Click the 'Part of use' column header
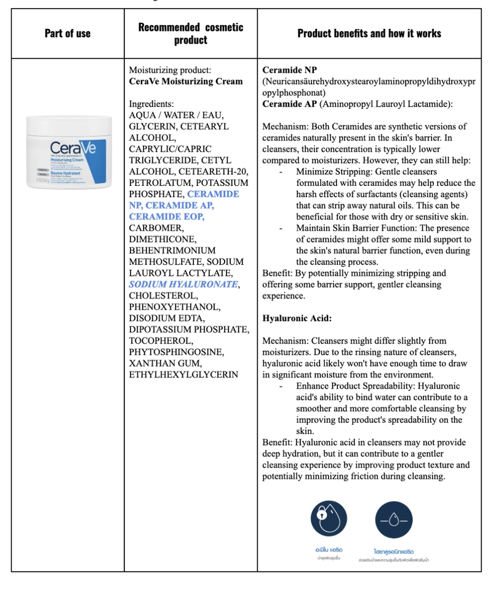click(68, 33)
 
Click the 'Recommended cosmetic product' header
click(190, 33)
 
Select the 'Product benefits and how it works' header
click(369, 33)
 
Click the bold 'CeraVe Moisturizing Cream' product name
click(185, 81)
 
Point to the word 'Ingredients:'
click(151, 104)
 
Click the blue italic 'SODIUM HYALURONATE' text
click(183, 284)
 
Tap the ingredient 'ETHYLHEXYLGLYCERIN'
click(183, 374)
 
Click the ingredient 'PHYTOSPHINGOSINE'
click(177, 352)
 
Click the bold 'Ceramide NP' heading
click(289, 70)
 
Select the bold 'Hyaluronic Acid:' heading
click(297, 318)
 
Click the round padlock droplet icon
click(329, 518)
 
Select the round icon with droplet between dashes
click(393, 518)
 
